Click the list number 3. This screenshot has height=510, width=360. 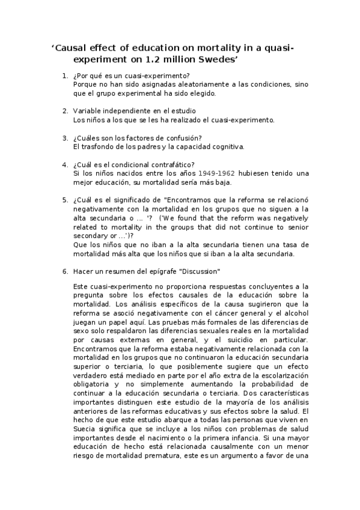pos(65,138)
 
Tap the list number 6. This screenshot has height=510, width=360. pos(65,271)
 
